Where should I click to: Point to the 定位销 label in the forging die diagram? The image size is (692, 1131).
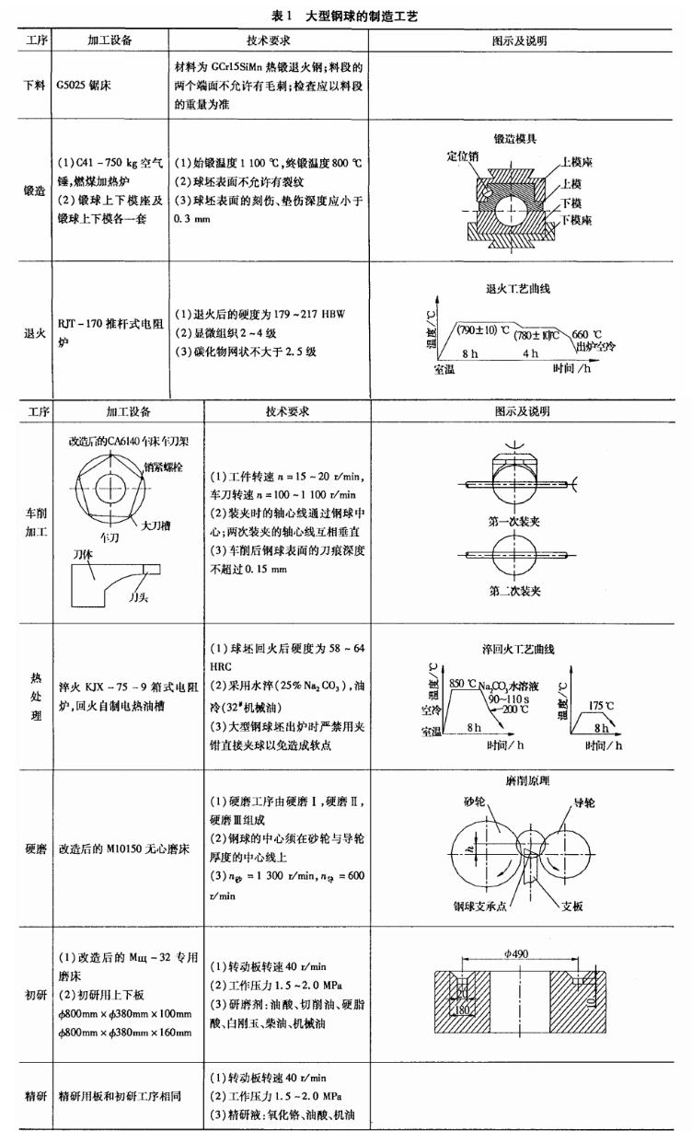[x=464, y=156]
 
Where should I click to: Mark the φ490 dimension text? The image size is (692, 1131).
[x=519, y=952]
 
